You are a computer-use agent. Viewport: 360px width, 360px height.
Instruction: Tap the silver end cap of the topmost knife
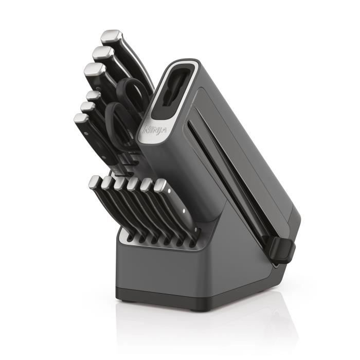(x=110, y=36)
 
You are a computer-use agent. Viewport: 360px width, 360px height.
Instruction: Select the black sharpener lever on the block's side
(x=282, y=249)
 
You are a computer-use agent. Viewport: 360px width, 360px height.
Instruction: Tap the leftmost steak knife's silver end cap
(x=95, y=182)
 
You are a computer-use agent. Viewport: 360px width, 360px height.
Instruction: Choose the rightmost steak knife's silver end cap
(x=160, y=186)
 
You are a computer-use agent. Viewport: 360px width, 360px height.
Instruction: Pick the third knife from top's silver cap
(x=93, y=69)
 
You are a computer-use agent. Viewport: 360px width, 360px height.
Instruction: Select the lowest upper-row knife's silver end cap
(x=81, y=119)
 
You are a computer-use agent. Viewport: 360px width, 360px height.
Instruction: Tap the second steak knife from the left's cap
(x=107, y=183)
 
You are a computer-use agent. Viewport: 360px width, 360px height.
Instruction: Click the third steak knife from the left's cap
(x=120, y=183)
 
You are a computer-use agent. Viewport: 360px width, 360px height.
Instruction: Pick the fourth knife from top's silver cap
(x=93, y=95)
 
